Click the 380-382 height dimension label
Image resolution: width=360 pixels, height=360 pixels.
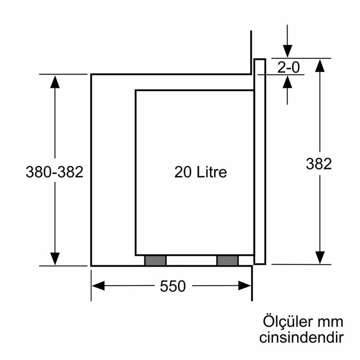[x=54, y=172]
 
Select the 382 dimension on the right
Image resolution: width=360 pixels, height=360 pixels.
[x=319, y=164]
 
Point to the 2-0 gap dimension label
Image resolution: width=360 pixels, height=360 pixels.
[x=288, y=67]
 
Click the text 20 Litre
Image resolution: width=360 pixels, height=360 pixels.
[x=201, y=171]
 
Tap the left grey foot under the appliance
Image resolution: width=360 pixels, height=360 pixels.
[x=155, y=260]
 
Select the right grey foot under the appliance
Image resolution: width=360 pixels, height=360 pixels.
[x=227, y=260]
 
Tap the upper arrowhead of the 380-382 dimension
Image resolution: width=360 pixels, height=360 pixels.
[x=54, y=81]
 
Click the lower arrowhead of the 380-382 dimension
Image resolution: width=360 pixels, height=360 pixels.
[x=54, y=259]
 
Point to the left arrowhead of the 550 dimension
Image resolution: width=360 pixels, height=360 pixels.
[x=98, y=286]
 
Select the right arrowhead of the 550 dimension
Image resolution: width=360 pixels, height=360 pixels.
[x=244, y=286]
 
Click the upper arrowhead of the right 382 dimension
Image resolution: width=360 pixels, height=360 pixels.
[x=319, y=65]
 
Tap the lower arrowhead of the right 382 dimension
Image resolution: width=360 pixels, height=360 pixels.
[x=319, y=257]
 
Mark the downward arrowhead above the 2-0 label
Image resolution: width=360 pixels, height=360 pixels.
[x=287, y=51]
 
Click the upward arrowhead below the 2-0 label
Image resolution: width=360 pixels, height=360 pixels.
[x=287, y=81]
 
